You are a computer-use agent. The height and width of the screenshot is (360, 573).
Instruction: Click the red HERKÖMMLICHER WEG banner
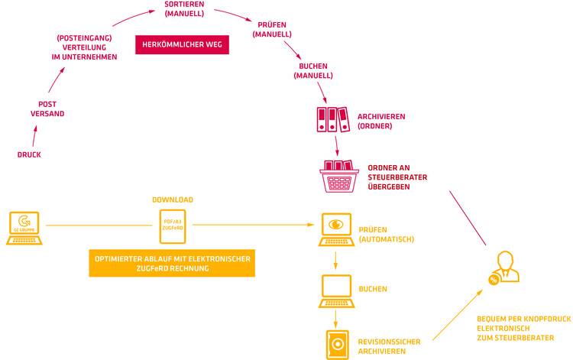(x=182, y=44)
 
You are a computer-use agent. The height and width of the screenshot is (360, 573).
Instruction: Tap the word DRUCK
(x=29, y=155)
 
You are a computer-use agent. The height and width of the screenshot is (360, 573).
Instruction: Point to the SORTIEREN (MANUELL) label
(x=184, y=9)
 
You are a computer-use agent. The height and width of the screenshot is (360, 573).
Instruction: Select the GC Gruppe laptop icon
(x=26, y=227)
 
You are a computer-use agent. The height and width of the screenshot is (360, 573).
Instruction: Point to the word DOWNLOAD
(x=173, y=199)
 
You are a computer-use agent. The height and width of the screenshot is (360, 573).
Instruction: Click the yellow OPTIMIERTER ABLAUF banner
(x=173, y=263)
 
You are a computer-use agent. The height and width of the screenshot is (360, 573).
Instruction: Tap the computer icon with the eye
(x=335, y=229)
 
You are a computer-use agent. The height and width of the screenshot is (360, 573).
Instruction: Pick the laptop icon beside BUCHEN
(x=335, y=290)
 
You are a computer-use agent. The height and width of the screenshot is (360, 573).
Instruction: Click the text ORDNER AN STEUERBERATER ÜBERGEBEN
(x=397, y=177)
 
